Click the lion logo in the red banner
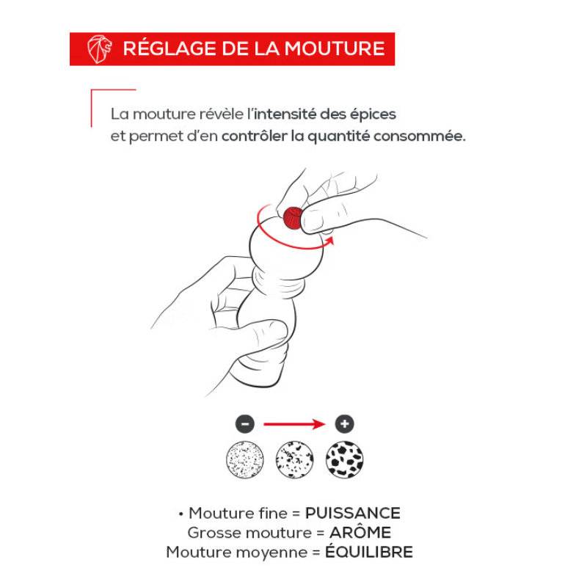point(99,49)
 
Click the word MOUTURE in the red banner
point(335,49)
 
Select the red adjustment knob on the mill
point(293,218)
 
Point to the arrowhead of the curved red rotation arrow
point(329,241)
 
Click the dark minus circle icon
point(245,424)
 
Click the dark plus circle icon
point(344,424)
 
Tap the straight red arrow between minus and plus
point(295,424)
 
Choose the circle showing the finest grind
point(245,460)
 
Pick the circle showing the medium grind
point(295,460)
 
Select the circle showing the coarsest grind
point(344,460)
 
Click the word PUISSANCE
point(353,513)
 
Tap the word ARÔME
point(360,533)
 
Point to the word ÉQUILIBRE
point(369,552)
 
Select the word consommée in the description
point(420,136)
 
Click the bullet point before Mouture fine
point(181,514)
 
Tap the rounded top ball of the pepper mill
point(287,247)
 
